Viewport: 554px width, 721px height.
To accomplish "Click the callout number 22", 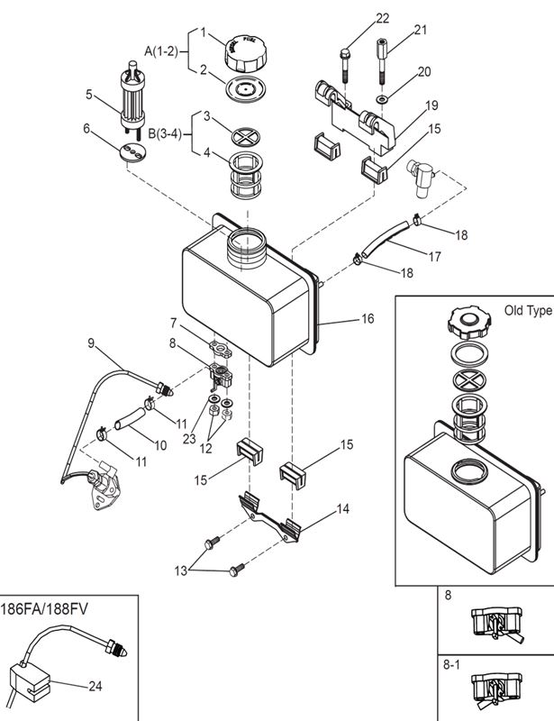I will pyautogui.click(x=383, y=18).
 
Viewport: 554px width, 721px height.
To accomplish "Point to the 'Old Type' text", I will pyautogui.click(x=527, y=311).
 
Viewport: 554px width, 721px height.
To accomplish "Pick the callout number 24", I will pyautogui.click(x=95, y=687).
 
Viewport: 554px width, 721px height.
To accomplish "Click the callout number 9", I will pyautogui.click(x=91, y=342).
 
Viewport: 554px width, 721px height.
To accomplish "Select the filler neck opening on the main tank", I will pyautogui.click(x=244, y=241).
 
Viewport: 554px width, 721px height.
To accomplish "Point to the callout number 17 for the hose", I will pyautogui.click(x=435, y=257).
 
